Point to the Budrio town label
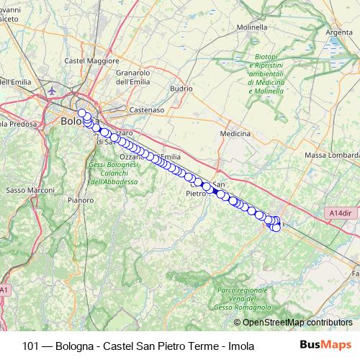pyautogui.click(x=181, y=89)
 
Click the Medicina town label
pyautogui.click(x=235, y=134)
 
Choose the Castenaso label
pyautogui.click(x=147, y=110)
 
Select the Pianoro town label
pyautogui.click(x=80, y=199)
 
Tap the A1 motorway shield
pyautogui.click(x=4, y=289)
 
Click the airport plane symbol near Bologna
pyautogui.click(x=52, y=91)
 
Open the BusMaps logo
pyautogui.click(x=325, y=345)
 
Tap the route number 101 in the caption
pyautogui.click(x=30, y=346)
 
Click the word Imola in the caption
pyautogui.click(x=241, y=346)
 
